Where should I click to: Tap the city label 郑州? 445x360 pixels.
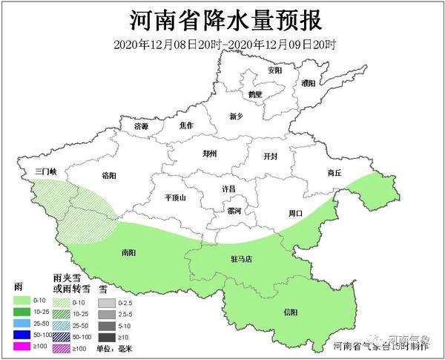[x=211, y=154]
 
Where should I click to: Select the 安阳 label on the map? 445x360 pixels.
[x=275, y=71]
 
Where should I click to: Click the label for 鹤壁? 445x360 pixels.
[x=256, y=96]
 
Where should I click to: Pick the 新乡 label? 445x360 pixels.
[x=236, y=117]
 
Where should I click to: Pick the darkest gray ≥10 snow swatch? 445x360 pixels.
[x=107, y=336]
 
